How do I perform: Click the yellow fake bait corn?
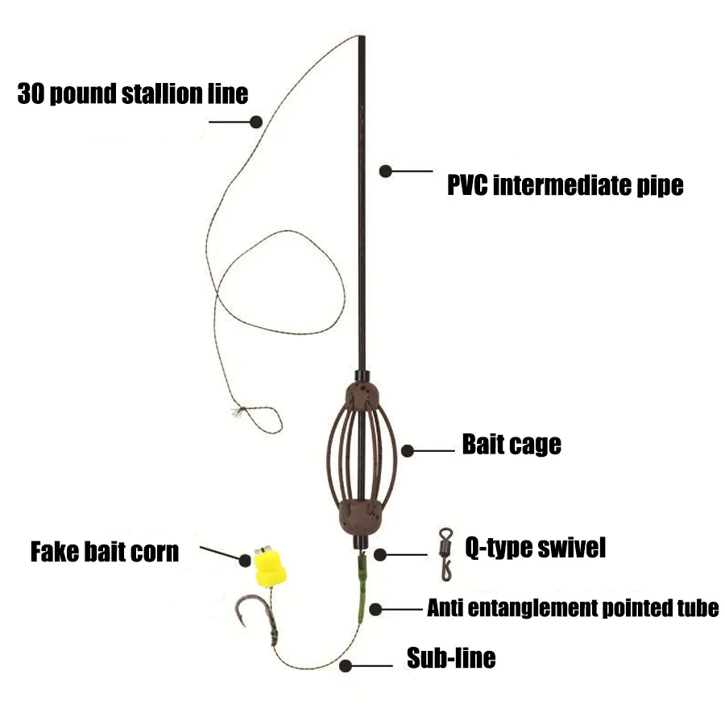coord(270,568)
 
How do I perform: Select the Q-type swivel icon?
coord(445,554)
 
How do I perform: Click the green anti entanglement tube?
coord(362,588)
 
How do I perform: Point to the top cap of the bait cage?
coord(362,394)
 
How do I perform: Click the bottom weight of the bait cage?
coord(360,517)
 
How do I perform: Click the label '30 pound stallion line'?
coord(133,94)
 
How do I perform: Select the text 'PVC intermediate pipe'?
coord(565,185)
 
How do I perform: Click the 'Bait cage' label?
coord(512,445)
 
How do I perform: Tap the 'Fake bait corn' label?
coord(105,552)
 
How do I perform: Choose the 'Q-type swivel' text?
coord(536,548)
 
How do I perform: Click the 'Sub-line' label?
coord(451,657)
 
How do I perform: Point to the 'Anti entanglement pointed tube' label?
coord(573,608)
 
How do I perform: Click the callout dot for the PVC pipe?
coord(386,171)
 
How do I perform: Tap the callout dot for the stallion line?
coord(256,122)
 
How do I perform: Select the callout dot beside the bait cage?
coord(408,451)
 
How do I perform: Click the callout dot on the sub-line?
coord(346,666)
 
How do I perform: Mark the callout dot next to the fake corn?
coord(245,561)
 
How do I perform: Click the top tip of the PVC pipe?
coord(362,36)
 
